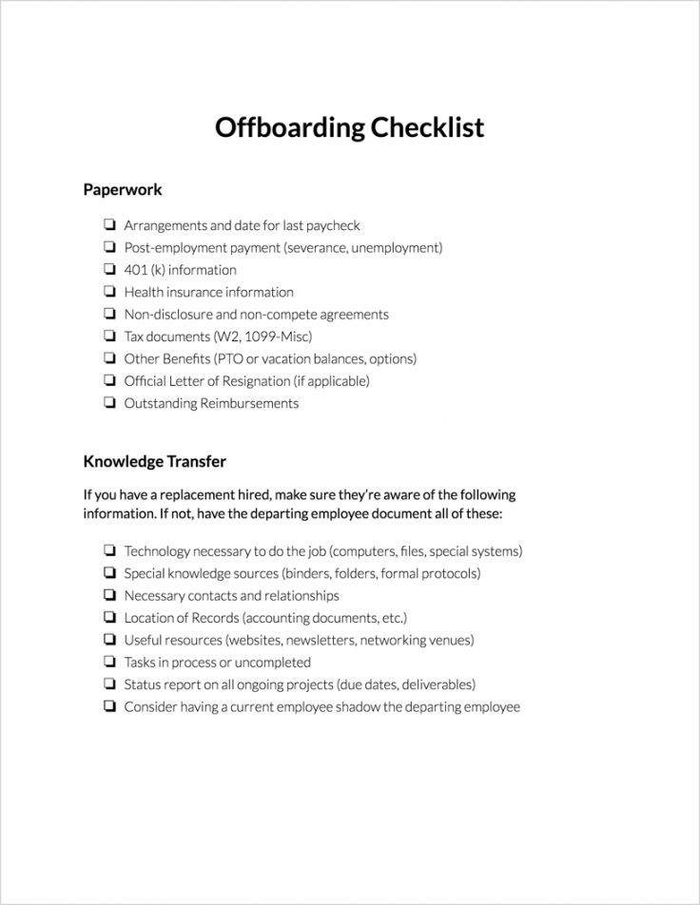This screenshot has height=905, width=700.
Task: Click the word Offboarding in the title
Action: pos(284,127)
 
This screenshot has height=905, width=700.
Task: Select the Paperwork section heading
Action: pos(123,189)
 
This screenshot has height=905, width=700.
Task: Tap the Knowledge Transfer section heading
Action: pos(154,462)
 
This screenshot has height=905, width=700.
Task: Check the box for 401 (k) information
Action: pos(109,270)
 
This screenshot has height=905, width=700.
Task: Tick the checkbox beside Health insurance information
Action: pos(109,292)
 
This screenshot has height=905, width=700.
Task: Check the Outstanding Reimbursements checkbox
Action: pos(109,403)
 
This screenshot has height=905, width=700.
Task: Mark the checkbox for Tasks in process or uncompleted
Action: pos(109,663)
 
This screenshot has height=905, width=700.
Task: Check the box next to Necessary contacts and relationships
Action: pos(109,596)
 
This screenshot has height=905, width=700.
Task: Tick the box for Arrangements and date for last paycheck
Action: pos(109,225)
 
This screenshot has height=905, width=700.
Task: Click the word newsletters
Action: pos(320,641)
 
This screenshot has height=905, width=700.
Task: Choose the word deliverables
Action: pos(437,684)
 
